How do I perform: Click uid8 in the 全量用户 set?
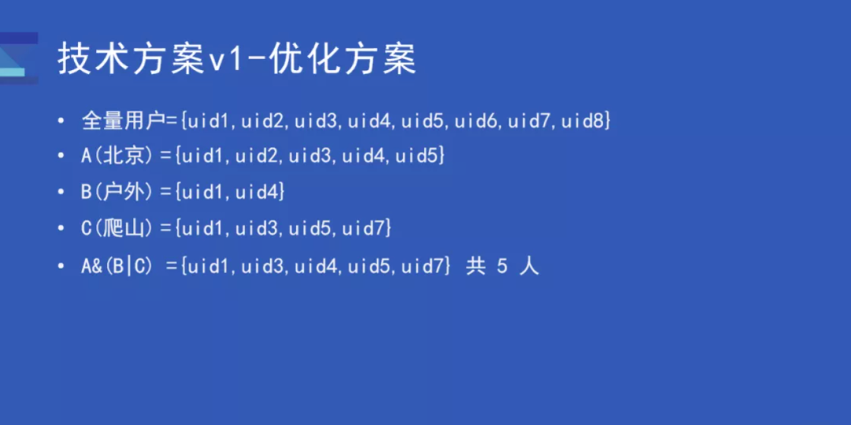585,121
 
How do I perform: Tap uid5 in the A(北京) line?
418,156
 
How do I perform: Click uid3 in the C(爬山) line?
258,229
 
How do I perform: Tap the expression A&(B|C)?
116,267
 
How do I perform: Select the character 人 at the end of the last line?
530,267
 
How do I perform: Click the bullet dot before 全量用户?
61,121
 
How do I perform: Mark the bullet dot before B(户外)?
61,192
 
